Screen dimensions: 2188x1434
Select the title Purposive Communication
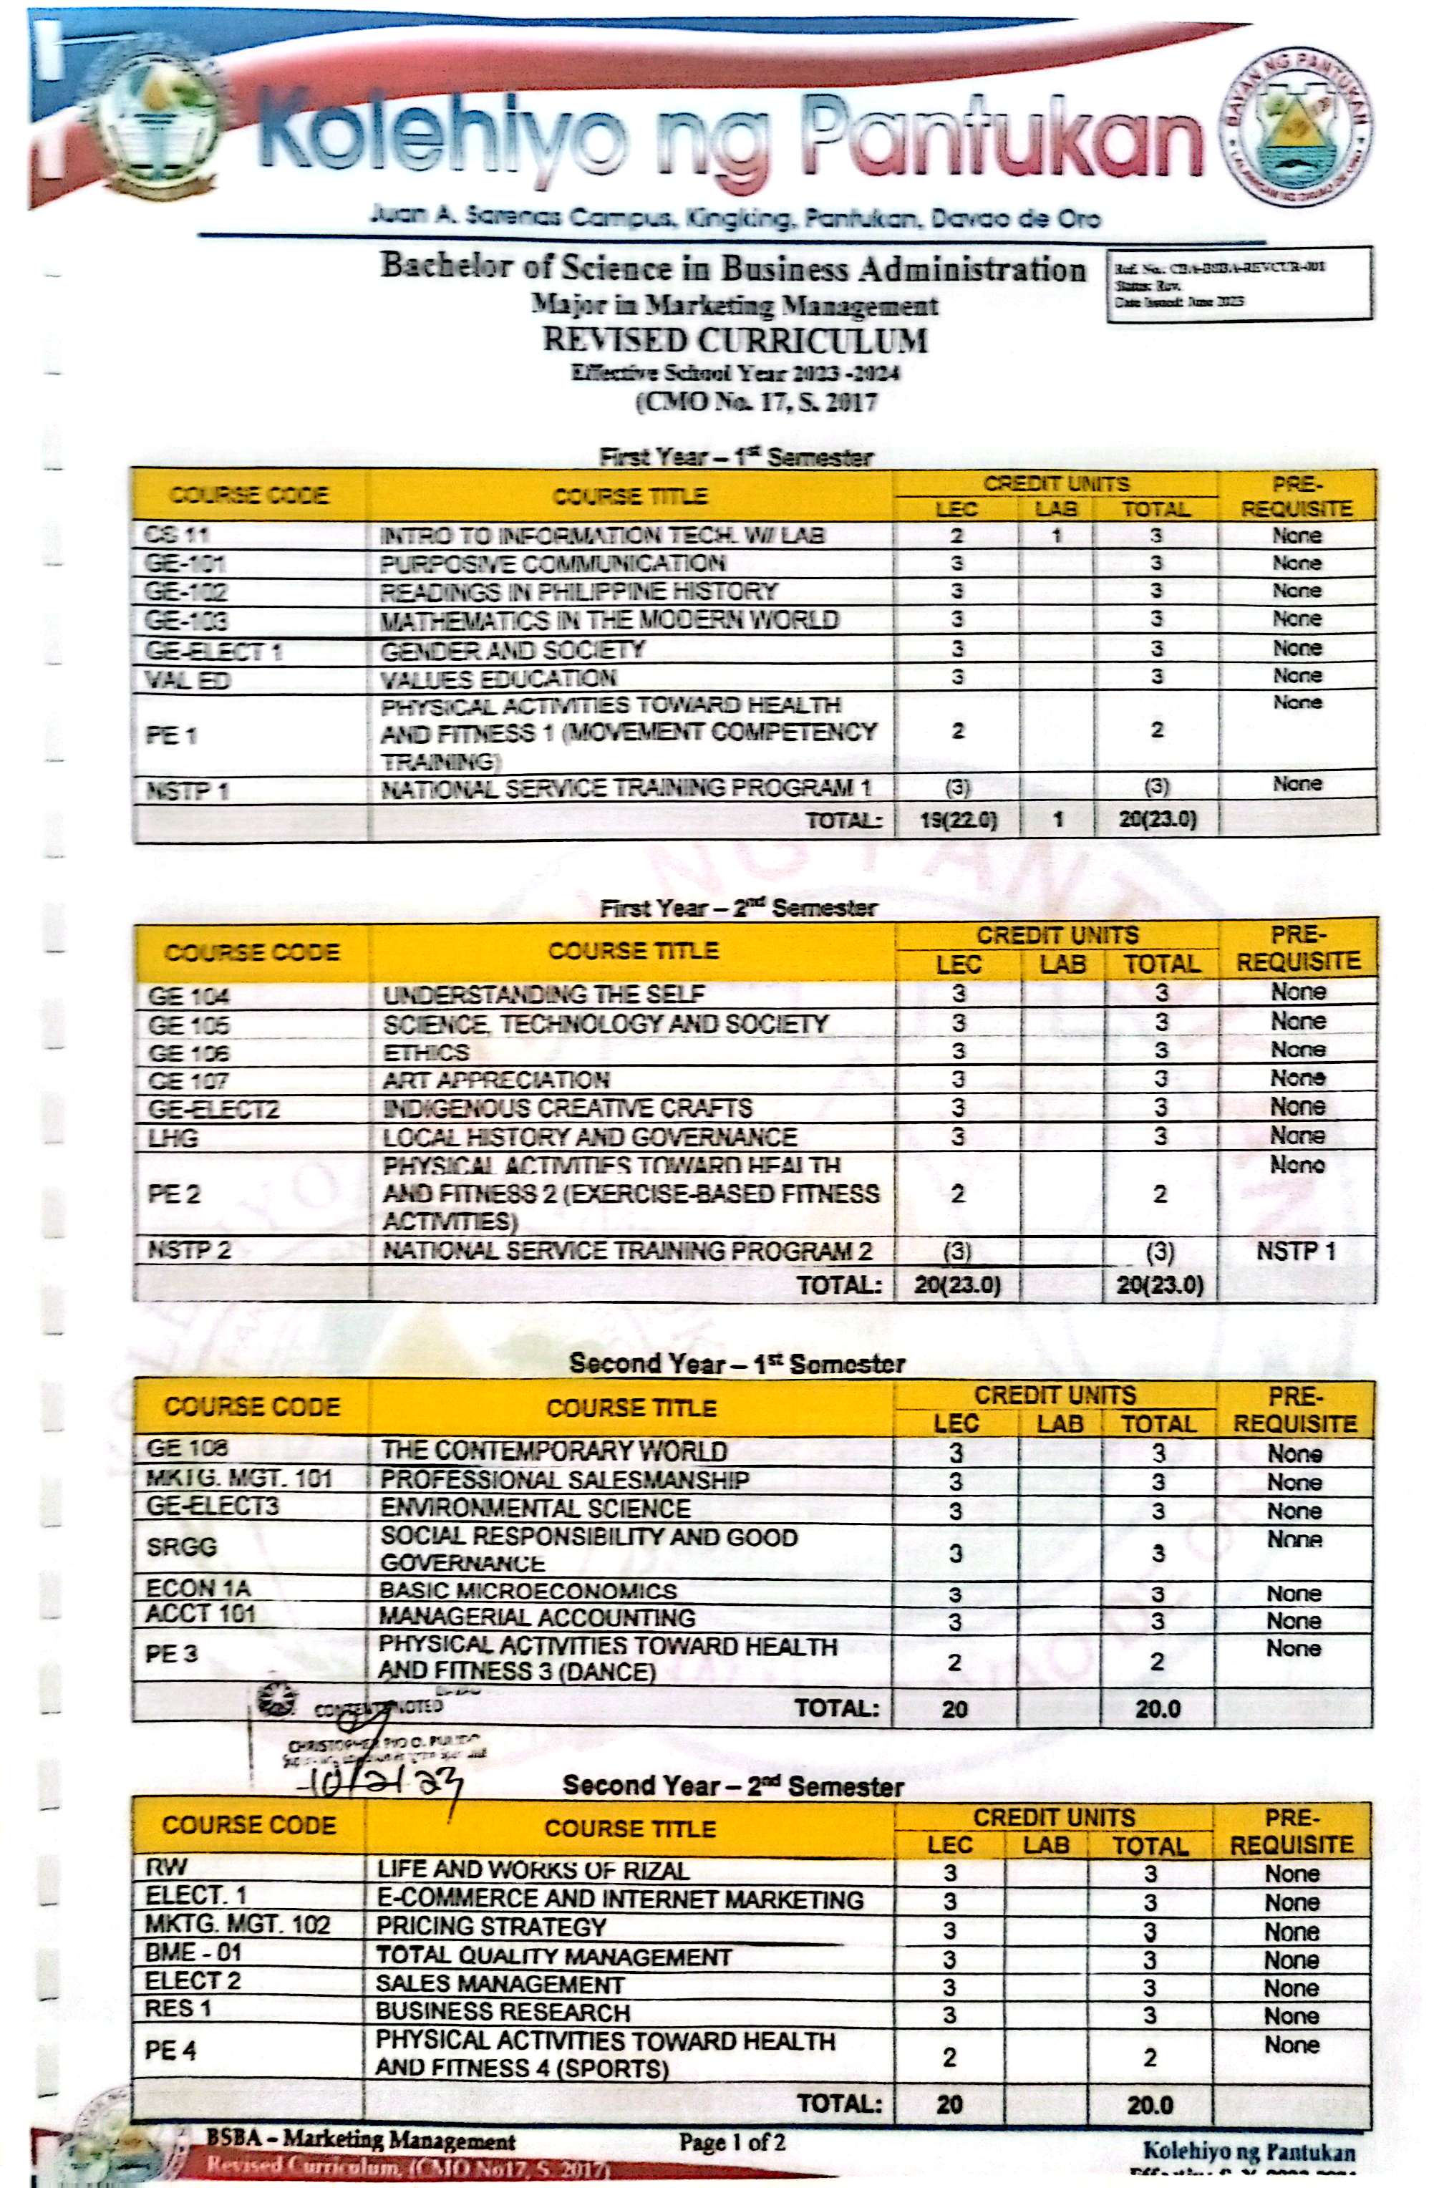click(x=553, y=563)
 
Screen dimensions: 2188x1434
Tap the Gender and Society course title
click(x=512, y=650)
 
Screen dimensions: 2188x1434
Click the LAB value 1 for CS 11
click(x=1057, y=535)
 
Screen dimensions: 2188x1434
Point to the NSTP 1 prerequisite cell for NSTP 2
click(x=1295, y=1250)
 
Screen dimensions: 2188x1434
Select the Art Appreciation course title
click(x=495, y=1079)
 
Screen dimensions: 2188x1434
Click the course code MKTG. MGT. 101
click(x=238, y=1478)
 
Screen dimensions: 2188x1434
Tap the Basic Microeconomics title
click(x=528, y=1590)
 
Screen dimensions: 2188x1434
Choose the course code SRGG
click(x=181, y=1547)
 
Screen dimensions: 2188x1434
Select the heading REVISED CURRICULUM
click(x=734, y=340)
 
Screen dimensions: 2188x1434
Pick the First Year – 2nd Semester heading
click(x=738, y=909)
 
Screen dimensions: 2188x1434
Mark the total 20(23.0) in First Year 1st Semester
click(x=1158, y=819)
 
